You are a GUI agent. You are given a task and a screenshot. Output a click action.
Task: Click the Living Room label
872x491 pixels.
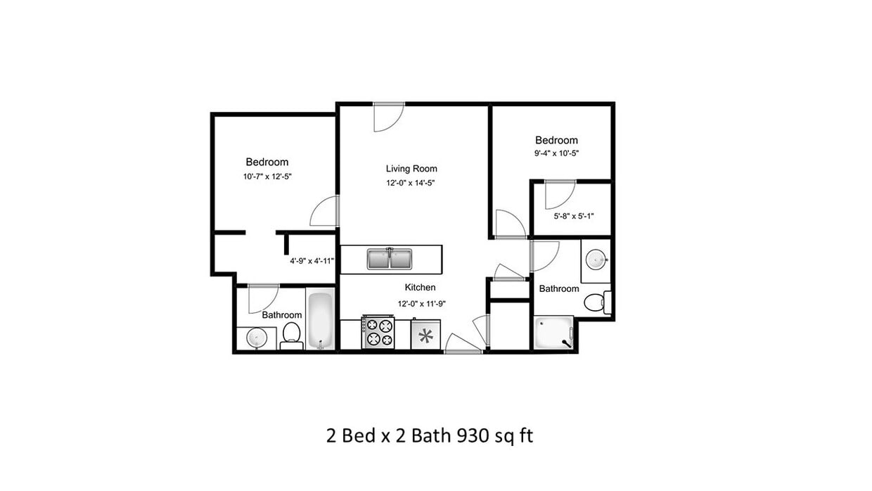(x=411, y=169)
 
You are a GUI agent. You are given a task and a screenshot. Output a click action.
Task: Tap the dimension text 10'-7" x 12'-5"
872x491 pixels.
(x=267, y=177)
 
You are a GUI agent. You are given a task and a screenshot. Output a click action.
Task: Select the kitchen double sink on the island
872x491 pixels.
(x=389, y=259)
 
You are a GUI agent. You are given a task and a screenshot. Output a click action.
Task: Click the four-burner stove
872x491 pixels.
(x=378, y=333)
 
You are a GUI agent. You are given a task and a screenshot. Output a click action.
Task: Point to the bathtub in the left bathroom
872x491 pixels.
(x=320, y=321)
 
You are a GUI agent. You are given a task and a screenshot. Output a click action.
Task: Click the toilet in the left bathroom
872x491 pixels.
(x=291, y=335)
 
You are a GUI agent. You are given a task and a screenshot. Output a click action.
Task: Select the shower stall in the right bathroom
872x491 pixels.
(x=553, y=333)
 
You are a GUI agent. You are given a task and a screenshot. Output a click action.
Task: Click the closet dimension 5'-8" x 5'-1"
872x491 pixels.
(x=574, y=216)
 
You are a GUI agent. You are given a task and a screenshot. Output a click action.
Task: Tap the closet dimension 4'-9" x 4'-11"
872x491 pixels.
(x=312, y=261)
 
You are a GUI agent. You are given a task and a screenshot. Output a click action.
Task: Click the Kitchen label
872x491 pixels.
(x=420, y=287)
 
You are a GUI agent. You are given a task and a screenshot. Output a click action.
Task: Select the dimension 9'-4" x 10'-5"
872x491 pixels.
(x=556, y=153)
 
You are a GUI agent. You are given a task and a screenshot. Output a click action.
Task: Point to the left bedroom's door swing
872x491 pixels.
(x=325, y=212)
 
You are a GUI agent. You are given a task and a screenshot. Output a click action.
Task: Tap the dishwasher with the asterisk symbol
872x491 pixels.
(x=425, y=336)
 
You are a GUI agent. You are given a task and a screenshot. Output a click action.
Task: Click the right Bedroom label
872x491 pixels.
(x=556, y=140)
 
